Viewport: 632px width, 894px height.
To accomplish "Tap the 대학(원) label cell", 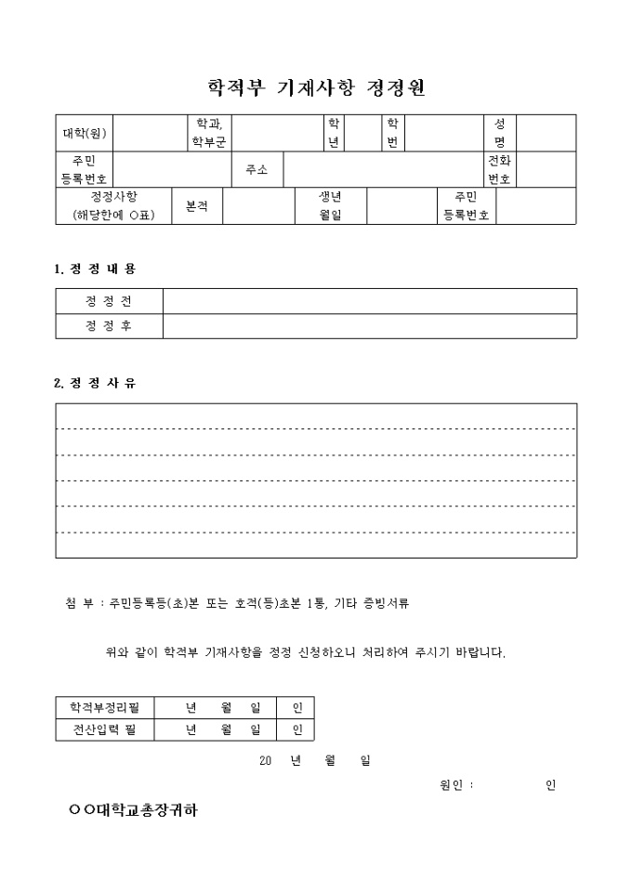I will [x=84, y=133].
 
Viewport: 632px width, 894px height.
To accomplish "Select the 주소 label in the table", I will [x=257, y=169].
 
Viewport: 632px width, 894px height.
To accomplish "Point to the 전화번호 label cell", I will [x=499, y=169].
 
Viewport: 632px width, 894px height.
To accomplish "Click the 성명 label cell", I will [x=499, y=133].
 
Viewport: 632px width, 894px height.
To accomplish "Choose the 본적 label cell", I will [x=196, y=206].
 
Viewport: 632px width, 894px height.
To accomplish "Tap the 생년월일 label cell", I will [x=331, y=206].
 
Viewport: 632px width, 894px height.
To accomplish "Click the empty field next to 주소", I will [x=383, y=169].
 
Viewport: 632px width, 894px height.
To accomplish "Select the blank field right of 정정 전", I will [x=369, y=301].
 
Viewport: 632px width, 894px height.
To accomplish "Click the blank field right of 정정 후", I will [x=369, y=326].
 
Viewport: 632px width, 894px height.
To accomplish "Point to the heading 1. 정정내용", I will [x=95, y=269].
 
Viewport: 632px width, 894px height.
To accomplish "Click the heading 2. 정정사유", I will [x=95, y=383].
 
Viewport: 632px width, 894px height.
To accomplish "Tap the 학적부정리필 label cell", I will [x=105, y=708].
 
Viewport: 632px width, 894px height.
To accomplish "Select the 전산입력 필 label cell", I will [x=105, y=730].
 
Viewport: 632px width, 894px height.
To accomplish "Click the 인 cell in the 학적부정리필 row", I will [x=296, y=708].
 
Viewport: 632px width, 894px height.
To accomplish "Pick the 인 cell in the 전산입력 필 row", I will [x=296, y=730].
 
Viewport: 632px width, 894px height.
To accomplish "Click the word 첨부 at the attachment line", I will [x=79, y=603].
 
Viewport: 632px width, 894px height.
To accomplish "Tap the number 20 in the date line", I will [x=265, y=760].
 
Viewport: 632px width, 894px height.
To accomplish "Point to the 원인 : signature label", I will [x=455, y=785].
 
